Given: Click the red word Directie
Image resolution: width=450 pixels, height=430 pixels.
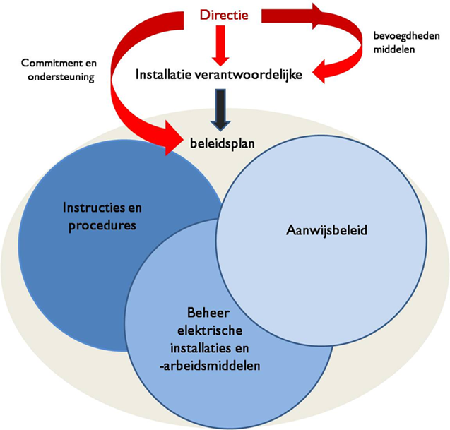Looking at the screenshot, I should coord(225,13).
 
